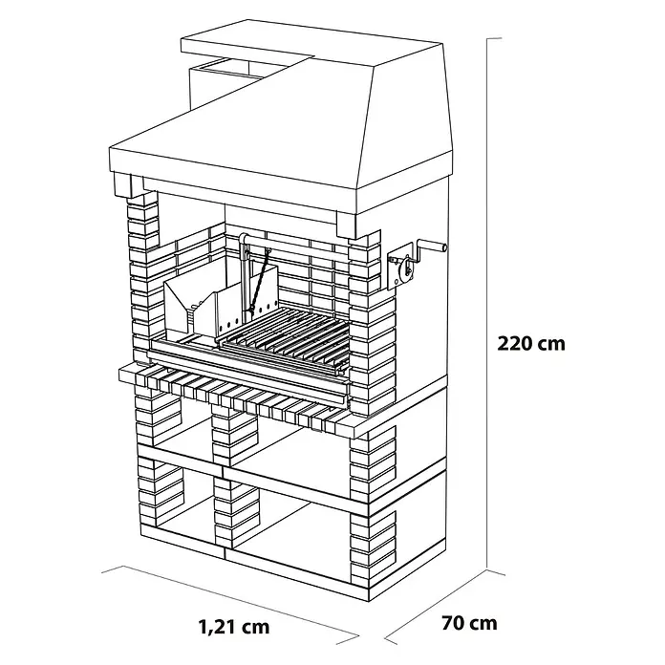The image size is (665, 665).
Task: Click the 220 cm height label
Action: (x=531, y=343)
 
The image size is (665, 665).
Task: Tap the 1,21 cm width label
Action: (x=234, y=626)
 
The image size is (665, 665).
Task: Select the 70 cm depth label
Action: (x=469, y=623)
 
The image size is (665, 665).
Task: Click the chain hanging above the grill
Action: (x=260, y=282)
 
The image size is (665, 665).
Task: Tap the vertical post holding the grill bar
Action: (x=244, y=280)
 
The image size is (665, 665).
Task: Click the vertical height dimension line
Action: (x=487, y=304)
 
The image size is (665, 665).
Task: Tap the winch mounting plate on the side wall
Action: (x=399, y=268)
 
